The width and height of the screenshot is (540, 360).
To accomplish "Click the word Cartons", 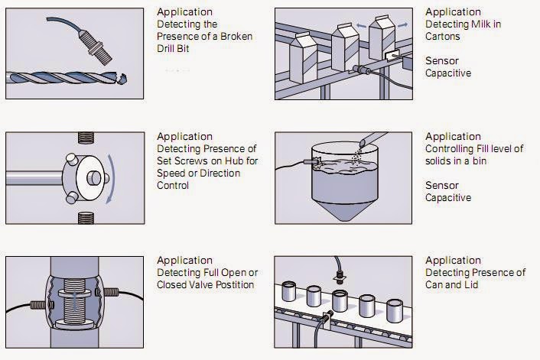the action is point(444,36).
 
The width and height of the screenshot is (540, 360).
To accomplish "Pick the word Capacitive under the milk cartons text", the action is point(448,74).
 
